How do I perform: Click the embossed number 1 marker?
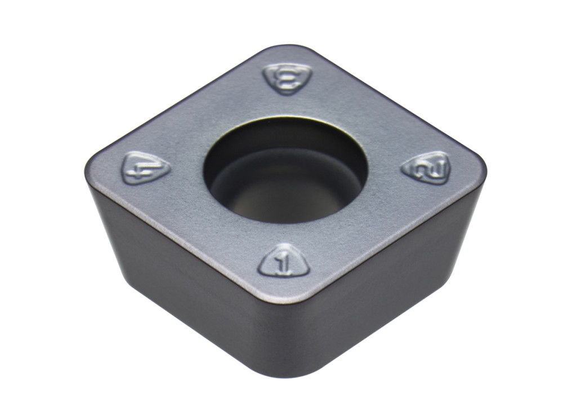(284, 262)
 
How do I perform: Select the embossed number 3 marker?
(288, 79)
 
